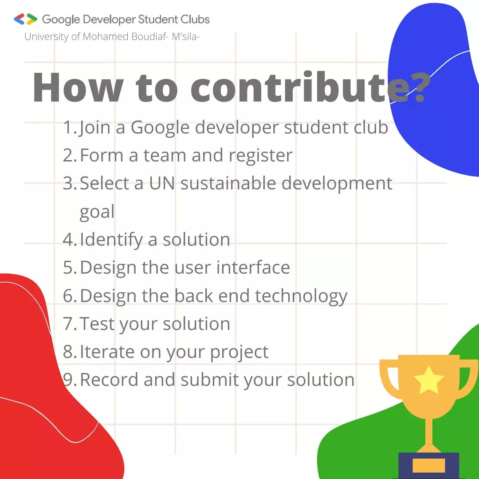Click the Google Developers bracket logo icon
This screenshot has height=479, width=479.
click(25, 19)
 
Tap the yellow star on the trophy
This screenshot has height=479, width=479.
click(428, 381)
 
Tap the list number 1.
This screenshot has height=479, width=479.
click(70, 128)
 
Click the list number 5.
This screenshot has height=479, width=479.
click(70, 268)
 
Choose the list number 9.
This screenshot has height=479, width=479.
click(70, 380)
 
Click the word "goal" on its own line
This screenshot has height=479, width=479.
click(97, 212)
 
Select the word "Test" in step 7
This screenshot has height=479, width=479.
click(96, 324)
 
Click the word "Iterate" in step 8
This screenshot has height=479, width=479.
click(107, 352)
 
